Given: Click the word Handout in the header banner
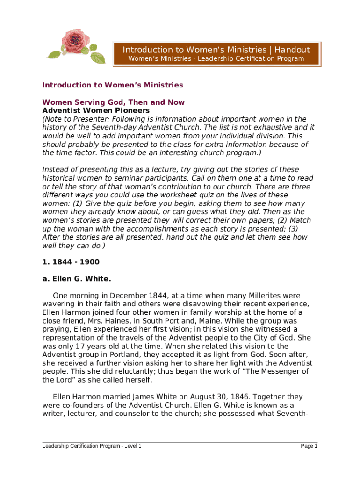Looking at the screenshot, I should click(x=292, y=50).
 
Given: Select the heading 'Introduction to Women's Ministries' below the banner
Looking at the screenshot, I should click(x=113, y=85).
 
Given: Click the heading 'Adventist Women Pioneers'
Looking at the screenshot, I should click(x=96, y=111).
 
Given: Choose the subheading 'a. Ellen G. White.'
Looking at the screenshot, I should click(x=77, y=279).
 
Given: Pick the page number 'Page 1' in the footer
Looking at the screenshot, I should click(x=309, y=446).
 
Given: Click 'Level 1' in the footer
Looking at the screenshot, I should click(x=131, y=446).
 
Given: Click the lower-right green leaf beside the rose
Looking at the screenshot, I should click(x=98, y=58).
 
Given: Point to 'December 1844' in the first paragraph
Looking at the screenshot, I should click(x=141, y=296).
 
